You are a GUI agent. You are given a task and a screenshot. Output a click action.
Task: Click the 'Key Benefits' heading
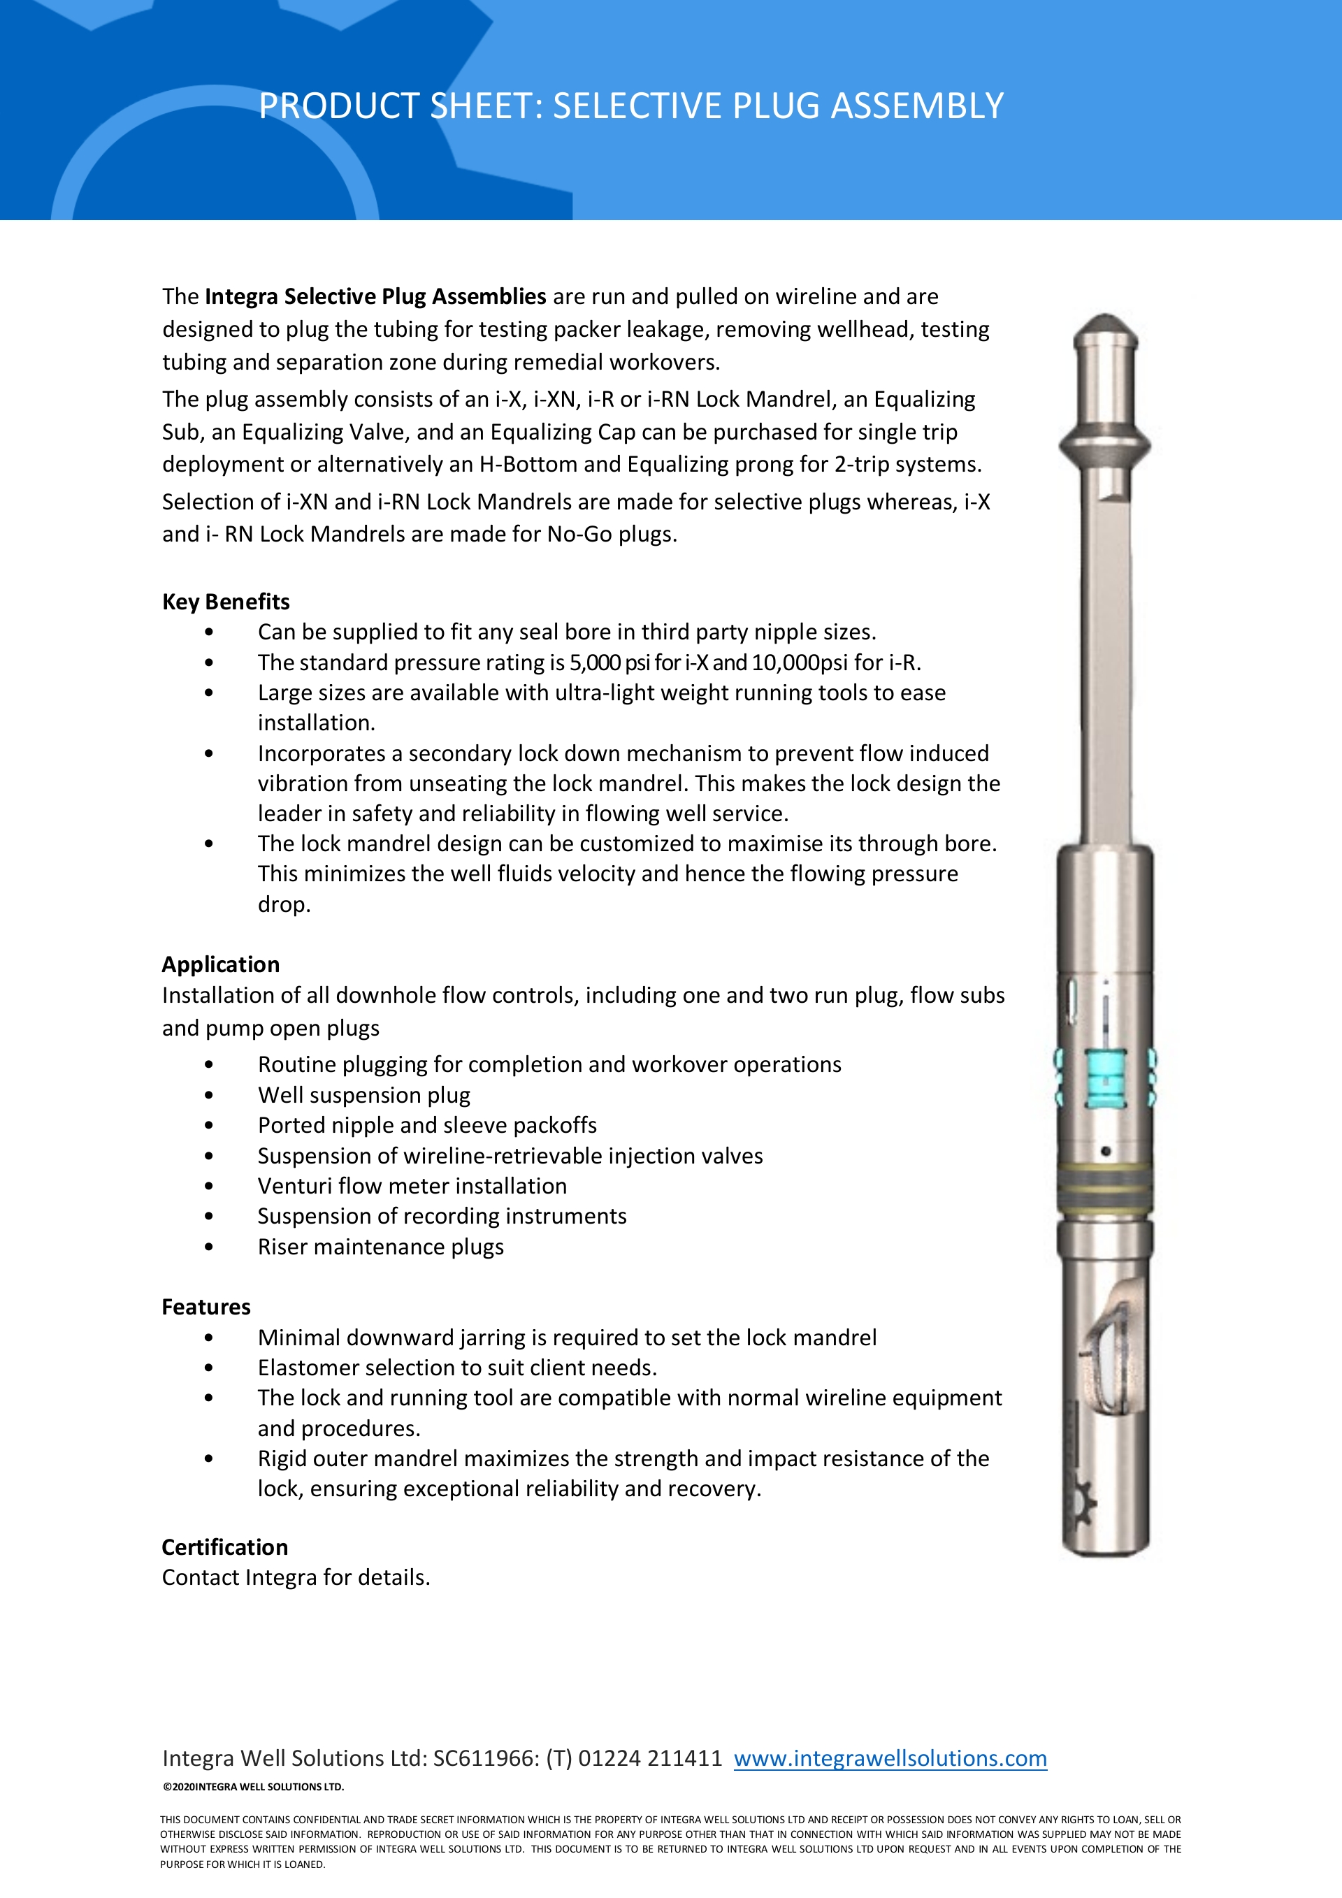click(226, 602)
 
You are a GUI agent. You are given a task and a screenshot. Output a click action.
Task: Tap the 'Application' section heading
click(221, 964)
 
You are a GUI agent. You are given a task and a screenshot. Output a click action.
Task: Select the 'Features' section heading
click(206, 1307)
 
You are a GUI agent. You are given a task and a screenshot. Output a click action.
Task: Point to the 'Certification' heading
click(225, 1547)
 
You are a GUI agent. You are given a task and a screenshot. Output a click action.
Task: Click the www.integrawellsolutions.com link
click(890, 1758)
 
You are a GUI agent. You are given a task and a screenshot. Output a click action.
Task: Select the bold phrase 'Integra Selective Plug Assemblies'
click(375, 297)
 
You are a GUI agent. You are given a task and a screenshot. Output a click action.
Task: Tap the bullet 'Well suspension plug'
click(364, 1095)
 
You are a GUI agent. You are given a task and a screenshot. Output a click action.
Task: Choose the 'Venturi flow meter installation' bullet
click(412, 1187)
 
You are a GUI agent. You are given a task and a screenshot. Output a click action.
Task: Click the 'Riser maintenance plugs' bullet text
click(380, 1247)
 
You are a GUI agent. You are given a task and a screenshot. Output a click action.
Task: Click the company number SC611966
click(485, 1758)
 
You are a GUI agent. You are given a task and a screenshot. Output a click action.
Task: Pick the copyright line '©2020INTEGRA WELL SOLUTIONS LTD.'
click(253, 1786)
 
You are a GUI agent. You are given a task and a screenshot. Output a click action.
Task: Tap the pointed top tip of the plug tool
click(1104, 321)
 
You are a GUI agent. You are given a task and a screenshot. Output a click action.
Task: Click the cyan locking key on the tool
click(1106, 1079)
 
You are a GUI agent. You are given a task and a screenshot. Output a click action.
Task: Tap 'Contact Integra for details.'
click(296, 1578)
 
